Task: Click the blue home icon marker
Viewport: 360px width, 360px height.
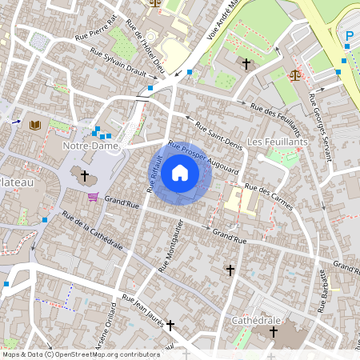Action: pyautogui.click(x=180, y=172)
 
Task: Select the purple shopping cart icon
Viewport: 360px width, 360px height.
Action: pyautogui.click(x=94, y=197)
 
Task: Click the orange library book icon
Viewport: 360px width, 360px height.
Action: pyautogui.click(x=34, y=125)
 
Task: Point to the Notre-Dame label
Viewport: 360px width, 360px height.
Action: pyautogui.click(x=91, y=147)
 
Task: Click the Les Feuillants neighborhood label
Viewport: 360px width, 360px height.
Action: pyautogui.click(x=278, y=142)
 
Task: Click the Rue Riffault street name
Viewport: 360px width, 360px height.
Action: pyautogui.click(x=155, y=175)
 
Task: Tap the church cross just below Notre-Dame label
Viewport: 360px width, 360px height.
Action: pyautogui.click(x=85, y=174)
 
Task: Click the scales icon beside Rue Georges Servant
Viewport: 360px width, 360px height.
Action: pyautogui.click(x=295, y=74)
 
